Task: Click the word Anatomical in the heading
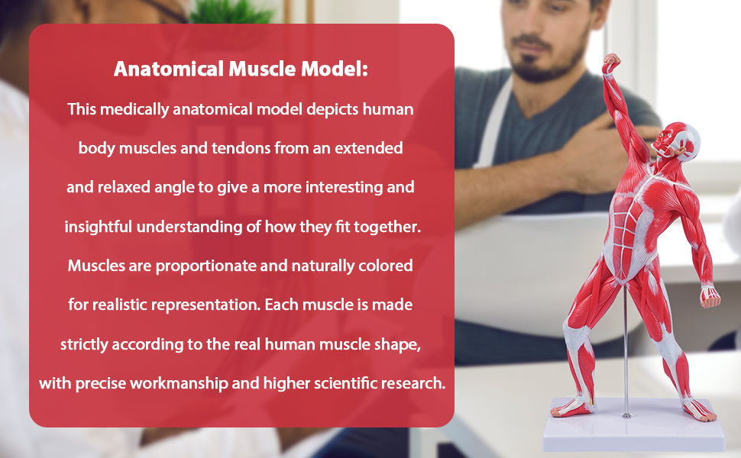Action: pyautogui.click(x=167, y=69)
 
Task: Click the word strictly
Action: pyautogui.click(x=84, y=344)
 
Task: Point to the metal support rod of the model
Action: pyautogui.click(x=625, y=359)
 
